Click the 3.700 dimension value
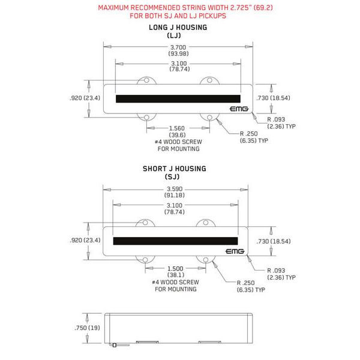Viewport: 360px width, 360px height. pos(178,47)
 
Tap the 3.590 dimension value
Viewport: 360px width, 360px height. pos(175,189)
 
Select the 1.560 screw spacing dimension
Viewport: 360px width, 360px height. pos(177,128)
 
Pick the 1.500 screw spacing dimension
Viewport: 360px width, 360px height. pos(175,268)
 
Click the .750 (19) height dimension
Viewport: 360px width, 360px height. pos(87,328)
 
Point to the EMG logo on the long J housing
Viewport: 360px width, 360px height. pos(239,109)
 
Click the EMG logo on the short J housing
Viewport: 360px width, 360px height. pos(235,251)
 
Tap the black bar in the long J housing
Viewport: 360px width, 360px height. pos(178,99)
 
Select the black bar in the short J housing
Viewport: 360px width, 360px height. pos(175,241)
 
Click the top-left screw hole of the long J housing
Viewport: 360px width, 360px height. pos(146,80)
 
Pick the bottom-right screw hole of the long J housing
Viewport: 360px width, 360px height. pos(209,118)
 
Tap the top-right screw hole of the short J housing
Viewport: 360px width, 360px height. pos(206,223)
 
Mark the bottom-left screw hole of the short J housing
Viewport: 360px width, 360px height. pos(145,260)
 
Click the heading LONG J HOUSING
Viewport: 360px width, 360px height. pos(178,28)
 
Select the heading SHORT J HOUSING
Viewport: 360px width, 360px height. pos(175,169)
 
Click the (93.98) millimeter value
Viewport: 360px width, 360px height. pos(178,54)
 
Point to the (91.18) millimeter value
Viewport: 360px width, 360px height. pos(175,196)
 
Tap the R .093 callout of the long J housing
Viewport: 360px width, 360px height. pos(276,119)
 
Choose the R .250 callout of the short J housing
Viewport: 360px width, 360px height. pos(245,283)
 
